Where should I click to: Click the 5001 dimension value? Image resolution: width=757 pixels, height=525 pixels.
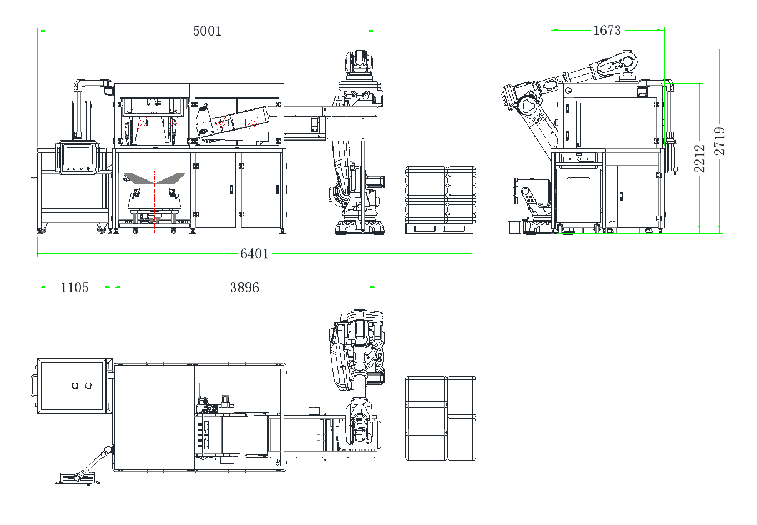click(x=207, y=31)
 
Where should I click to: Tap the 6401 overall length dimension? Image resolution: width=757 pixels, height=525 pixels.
click(x=255, y=254)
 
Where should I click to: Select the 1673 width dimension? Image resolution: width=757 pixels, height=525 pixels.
click(x=607, y=31)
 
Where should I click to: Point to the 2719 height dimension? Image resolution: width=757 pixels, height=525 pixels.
click(x=719, y=141)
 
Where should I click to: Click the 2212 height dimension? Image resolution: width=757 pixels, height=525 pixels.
click(x=699, y=159)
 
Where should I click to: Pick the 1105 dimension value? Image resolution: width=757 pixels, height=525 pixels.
click(x=74, y=288)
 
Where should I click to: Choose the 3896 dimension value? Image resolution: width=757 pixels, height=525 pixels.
click(x=245, y=288)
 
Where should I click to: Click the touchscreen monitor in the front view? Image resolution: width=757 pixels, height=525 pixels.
click(x=78, y=157)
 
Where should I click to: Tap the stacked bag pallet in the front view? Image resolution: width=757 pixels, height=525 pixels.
click(x=440, y=199)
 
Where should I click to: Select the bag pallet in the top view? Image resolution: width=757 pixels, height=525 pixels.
click(x=440, y=418)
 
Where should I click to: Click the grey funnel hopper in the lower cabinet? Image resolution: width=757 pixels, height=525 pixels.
click(x=154, y=178)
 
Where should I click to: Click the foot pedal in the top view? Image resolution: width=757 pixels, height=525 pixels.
click(x=78, y=478)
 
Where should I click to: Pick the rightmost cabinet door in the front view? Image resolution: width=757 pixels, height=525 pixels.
click(x=261, y=190)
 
